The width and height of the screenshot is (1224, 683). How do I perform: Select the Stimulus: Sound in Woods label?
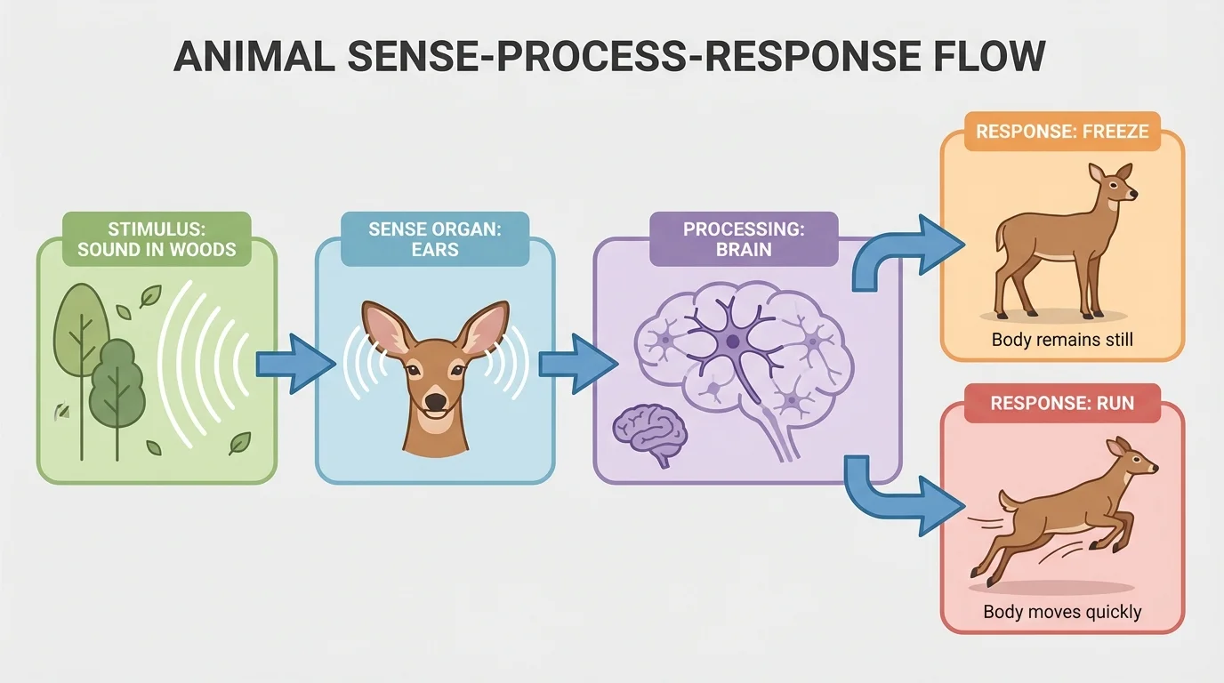[157, 239]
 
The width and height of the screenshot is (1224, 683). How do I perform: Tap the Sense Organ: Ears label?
[435, 239]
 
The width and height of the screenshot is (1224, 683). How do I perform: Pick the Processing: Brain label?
[744, 239]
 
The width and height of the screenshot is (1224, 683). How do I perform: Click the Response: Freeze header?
[1062, 132]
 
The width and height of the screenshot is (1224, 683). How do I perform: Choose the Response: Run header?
[1062, 403]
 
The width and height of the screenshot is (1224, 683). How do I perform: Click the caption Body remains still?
[1062, 340]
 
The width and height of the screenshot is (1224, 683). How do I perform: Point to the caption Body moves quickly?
[1062, 612]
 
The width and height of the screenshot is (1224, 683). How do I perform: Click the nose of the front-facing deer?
[435, 401]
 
